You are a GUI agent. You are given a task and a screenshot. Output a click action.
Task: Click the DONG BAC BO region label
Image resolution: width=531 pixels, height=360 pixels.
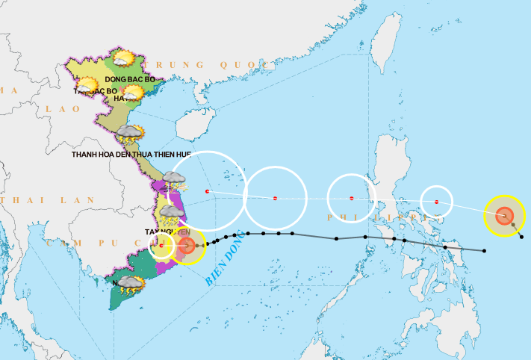(x=129, y=78)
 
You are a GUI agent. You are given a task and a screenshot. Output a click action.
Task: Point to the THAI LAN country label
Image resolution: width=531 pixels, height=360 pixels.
(x=48, y=200)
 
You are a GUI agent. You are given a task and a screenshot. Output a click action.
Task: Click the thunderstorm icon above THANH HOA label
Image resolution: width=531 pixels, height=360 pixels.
(x=130, y=134)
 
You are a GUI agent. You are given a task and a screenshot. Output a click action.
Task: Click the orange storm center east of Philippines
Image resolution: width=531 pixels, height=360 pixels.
(x=505, y=216)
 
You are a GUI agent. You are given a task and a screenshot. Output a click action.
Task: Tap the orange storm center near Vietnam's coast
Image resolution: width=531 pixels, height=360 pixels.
(x=188, y=245)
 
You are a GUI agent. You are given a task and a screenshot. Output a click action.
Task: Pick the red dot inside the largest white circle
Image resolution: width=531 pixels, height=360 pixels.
(x=208, y=191)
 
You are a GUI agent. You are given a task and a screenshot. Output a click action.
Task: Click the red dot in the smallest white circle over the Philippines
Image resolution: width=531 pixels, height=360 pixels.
(x=436, y=202)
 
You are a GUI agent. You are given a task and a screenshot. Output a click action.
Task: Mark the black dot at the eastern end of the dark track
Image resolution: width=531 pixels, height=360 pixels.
(x=485, y=250)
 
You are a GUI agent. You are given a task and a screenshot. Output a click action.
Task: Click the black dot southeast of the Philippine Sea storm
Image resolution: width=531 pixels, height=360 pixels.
(x=521, y=237)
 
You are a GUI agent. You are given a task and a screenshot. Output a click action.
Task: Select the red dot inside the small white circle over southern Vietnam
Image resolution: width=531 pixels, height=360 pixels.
(x=161, y=246)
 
